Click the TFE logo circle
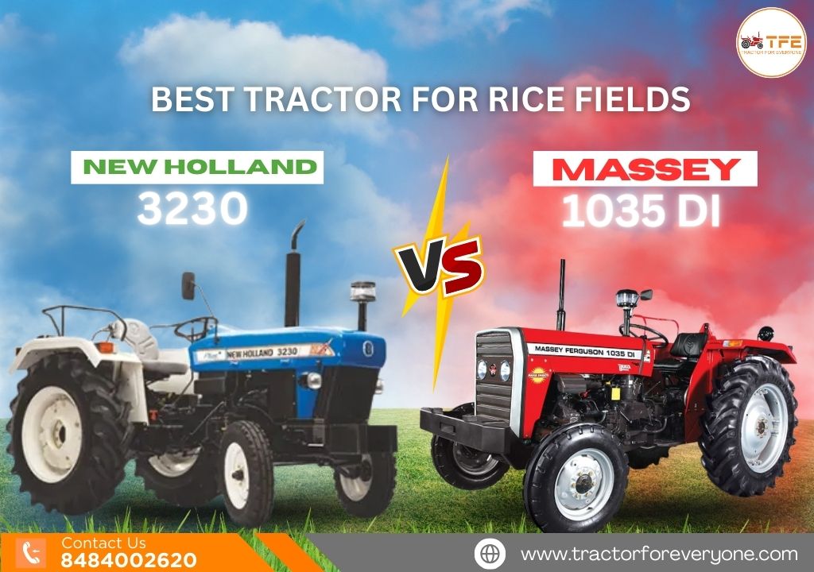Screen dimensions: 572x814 pyautogui.click(x=771, y=42)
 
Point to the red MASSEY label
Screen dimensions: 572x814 pyautogui.click(x=644, y=169)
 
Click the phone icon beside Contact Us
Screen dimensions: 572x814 pyautogui.click(x=33, y=553)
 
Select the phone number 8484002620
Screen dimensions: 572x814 pyautogui.click(x=129, y=560)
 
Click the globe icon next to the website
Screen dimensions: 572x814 pyautogui.click(x=490, y=553)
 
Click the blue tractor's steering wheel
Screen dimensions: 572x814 pyautogui.click(x=196, y=327)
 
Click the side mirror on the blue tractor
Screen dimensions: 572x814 pyautogui.click(x=188, y=285)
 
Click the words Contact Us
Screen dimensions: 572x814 pyautogui.click(x=103, y=543)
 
